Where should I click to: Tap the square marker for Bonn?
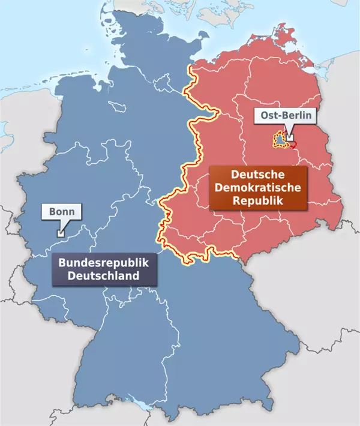point(59,233)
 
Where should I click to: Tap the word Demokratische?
point(257,188)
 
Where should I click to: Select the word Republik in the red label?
point(257,201)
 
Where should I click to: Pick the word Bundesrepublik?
point(103,263)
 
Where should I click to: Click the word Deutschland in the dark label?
point(103,276)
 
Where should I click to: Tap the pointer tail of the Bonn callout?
point(62,226)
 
